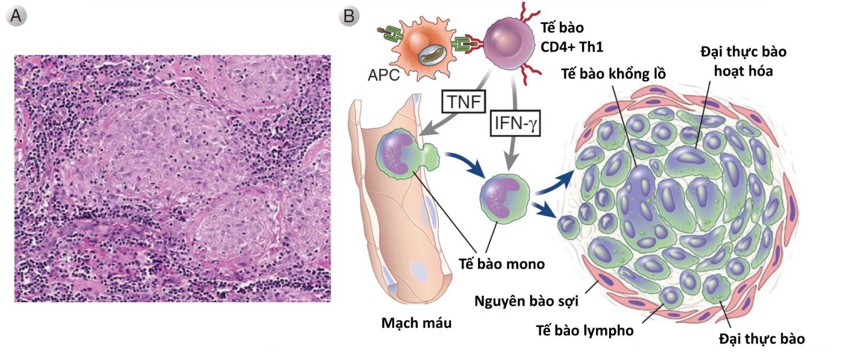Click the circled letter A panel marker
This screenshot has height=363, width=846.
pyautogui.click(x=16, y=17)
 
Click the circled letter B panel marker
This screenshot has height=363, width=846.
pyautogui.click(x=349, y=17)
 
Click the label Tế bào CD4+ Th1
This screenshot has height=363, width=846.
pyautogui.click(x=572, y=37)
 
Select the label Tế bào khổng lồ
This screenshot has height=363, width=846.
pyautogui.click(x=613, y=74)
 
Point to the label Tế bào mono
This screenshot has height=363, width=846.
pyautogui.click(x=502, y=263)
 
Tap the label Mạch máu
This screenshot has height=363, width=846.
pyautogui.click(x=416, y=322)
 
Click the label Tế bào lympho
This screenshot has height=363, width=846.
pyautogui.click(x=584, y=331)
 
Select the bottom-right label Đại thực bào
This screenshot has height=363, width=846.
pyautogui.click(x=762, y=338)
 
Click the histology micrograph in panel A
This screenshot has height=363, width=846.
pyautogui.click(x=172, y=178)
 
